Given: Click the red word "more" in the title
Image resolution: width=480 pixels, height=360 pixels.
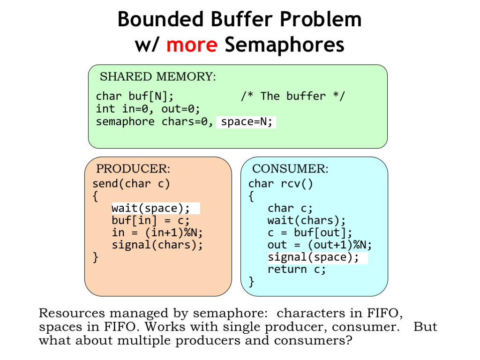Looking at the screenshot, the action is [192, 45].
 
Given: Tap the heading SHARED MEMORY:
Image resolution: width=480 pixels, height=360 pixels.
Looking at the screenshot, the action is [158, 76].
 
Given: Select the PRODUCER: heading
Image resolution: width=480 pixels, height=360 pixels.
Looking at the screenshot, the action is [133, 169].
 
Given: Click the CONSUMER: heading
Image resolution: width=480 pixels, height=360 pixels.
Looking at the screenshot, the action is [290, 169].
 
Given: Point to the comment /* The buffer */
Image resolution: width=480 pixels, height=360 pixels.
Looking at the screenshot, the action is [293, 96].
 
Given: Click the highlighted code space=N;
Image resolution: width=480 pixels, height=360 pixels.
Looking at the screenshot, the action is [247, 122].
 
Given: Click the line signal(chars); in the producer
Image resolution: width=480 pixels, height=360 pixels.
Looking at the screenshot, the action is [157, 245].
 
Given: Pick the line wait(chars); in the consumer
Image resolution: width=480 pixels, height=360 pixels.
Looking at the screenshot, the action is [307, 220].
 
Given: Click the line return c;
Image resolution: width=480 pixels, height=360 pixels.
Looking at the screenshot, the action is [297, 270].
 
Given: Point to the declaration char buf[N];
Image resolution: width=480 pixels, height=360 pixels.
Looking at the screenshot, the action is [135, 97].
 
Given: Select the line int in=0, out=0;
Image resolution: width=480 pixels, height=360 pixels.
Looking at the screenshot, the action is [148, 109].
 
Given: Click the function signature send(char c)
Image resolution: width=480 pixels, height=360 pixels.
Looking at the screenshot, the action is [131, 184].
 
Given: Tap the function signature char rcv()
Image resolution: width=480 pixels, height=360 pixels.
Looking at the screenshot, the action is [280, 184].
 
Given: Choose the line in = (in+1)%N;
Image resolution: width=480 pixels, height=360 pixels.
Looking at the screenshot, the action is [157, 232].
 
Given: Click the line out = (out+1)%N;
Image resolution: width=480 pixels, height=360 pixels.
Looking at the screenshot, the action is [320, 245].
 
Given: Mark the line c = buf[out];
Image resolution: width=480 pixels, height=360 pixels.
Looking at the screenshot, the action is [310, 232].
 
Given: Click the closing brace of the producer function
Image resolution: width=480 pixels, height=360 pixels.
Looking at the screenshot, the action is [96, 257].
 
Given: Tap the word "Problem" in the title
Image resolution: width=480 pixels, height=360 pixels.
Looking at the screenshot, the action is [321, 19].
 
